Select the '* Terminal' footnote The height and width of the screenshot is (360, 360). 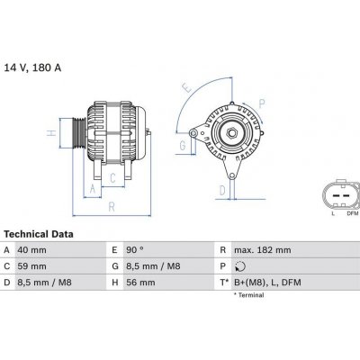(x=255, y=296)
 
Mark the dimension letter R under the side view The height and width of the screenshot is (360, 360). (x=111, y=206)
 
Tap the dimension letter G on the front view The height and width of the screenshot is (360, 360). (x=182, y=144)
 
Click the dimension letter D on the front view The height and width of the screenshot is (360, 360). (x=222, y=190)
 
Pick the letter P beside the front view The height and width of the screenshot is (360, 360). (x=261, y=102)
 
